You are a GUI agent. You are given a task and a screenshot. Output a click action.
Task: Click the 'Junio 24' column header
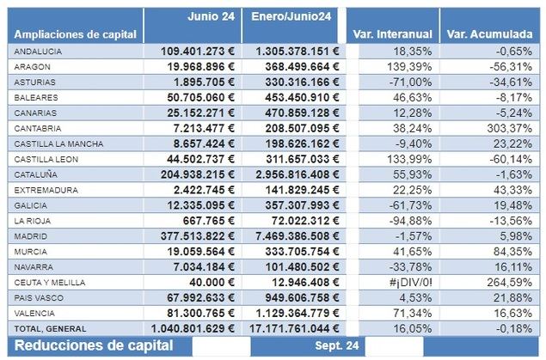210,15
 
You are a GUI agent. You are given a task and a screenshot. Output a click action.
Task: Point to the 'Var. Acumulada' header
490,34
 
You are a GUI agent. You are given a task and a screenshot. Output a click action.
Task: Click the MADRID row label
30,236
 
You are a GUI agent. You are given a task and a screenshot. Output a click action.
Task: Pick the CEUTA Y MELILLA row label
47,283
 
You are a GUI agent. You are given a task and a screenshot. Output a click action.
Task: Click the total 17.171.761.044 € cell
291,329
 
